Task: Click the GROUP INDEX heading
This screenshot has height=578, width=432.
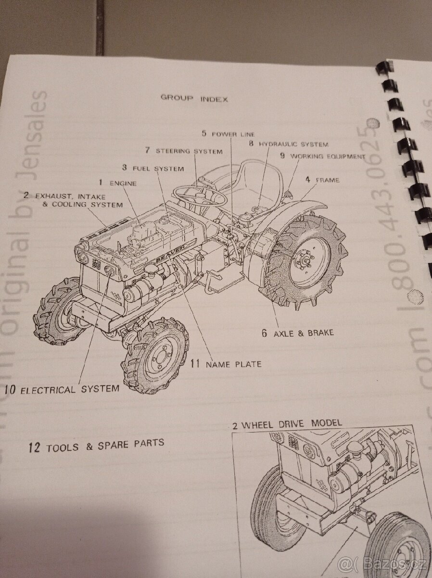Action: point(194,98)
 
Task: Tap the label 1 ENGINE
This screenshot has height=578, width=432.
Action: point(117,183)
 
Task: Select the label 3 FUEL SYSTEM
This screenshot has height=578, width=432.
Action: point(152,168)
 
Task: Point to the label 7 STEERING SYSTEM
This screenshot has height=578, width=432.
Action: point(184,151)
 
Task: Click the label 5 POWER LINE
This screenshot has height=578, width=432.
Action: point(228,133)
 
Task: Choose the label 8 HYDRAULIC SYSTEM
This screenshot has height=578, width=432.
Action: point(289,144)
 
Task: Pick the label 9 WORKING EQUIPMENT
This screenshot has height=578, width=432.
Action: point(323,157)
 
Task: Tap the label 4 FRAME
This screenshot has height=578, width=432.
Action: point(322,180)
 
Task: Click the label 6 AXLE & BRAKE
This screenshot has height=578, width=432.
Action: point(298,333)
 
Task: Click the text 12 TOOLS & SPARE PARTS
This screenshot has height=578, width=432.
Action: point(96,446)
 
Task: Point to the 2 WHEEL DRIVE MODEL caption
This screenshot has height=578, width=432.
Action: point(287,424)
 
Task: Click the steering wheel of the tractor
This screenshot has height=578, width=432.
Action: point(200,196)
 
